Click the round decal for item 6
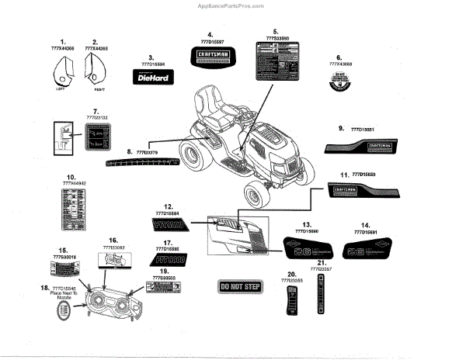[339, 81]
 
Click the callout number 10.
[70, 176]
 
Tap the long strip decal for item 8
[143, 161]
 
